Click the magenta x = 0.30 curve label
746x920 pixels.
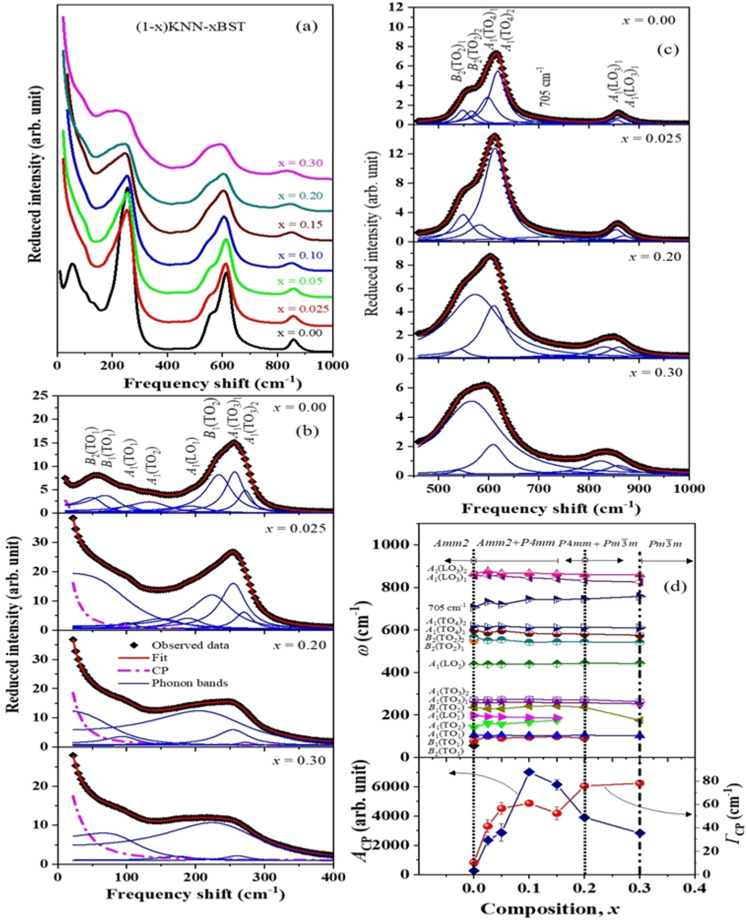point(300,163)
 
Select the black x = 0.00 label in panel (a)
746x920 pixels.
point(300,333)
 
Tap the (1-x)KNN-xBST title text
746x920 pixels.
point(191,27)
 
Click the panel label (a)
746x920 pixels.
point(306,27)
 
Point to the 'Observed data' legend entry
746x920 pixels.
point(190,645)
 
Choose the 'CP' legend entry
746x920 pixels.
point(159,671)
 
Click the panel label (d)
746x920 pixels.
point(675,587)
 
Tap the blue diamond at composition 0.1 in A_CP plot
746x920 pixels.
point(530,772)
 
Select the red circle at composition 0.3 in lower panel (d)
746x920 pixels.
point(640,783)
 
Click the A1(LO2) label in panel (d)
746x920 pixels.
point(446,664)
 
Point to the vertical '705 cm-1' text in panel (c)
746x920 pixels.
point(546,89)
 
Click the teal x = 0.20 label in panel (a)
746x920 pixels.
point(300,195)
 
